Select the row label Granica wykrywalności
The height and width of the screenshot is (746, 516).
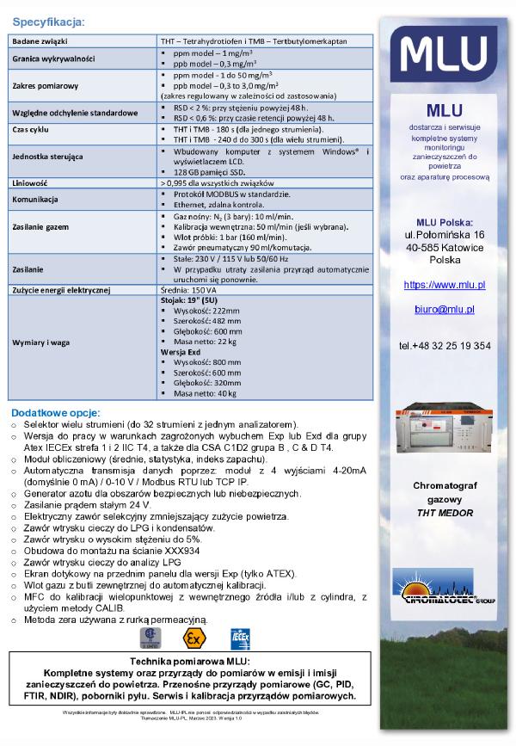(x=53, y=59)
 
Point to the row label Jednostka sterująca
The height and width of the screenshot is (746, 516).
(x=48, y=158)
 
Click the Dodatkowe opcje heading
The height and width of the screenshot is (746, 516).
(x=56, y=412)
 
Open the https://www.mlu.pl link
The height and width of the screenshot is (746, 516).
(x=445, y=284)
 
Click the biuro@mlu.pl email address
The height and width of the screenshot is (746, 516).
(x=445, y=309)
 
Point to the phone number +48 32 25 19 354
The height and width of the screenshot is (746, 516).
(x=445, y=345)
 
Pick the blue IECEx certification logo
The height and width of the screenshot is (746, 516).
(x=240, y=638)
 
